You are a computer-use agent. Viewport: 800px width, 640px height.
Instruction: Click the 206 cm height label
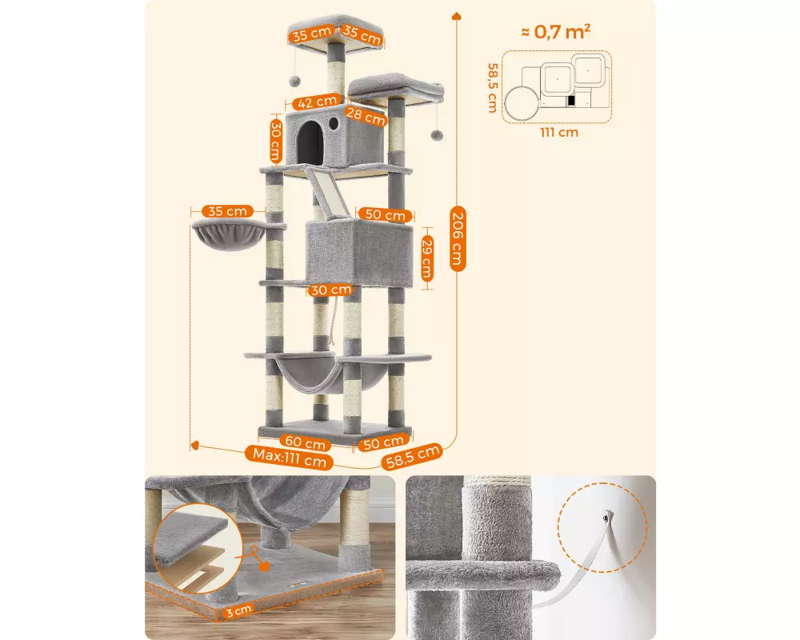click(x=457, y=238)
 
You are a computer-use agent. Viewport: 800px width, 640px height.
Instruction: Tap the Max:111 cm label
click(x=290, y=458)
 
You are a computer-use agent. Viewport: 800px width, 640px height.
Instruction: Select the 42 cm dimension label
click(x=317, y=102)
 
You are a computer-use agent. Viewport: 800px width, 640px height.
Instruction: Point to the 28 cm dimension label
click(x=366, y=116)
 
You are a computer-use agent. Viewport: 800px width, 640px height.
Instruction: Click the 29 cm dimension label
click(x=427, y=259)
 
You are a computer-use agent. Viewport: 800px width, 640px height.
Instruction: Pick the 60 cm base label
click(x=305, y=442)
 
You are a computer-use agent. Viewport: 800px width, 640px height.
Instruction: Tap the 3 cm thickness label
click(x=238, y=610)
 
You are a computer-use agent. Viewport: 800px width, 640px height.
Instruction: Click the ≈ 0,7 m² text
click(x=556, y=32)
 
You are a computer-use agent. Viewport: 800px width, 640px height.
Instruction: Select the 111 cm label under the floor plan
click(x=559, y=133)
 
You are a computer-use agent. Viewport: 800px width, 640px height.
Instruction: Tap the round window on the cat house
click(x=334, y=123)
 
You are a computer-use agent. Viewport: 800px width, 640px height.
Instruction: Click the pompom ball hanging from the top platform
click(x=294, y=81)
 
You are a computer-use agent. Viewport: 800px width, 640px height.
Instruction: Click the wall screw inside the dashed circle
click(x=605, y=518)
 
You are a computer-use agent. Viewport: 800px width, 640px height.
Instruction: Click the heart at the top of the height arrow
click(x=456, y=16)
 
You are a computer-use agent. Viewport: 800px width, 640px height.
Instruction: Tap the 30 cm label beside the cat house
click(x=276, y=141)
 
